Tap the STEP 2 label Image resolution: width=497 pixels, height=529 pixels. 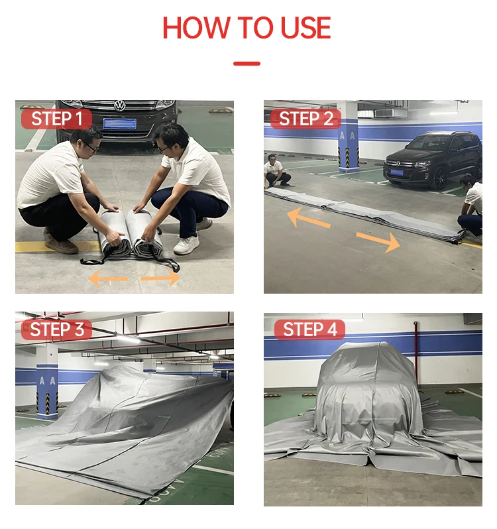click(305, 119)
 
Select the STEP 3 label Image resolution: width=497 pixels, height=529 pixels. click(56, 329)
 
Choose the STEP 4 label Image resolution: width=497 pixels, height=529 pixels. click(305, 329)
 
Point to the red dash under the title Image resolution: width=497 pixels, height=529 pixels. click(247, 64)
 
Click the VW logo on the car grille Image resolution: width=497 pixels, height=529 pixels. click(119, 105)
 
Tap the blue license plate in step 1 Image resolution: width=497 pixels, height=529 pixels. click(120, 123)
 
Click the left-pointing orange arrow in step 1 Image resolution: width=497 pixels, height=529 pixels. click(107, 278)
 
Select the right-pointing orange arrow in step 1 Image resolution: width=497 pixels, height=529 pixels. click(160, 278)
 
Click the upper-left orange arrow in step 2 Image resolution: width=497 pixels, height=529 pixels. click(308, 217)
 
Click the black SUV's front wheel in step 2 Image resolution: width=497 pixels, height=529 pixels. click(439, 178)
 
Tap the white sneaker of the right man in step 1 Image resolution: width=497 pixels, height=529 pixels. click(186, 245)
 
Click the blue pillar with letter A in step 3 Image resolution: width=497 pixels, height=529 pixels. click(47, 384)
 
